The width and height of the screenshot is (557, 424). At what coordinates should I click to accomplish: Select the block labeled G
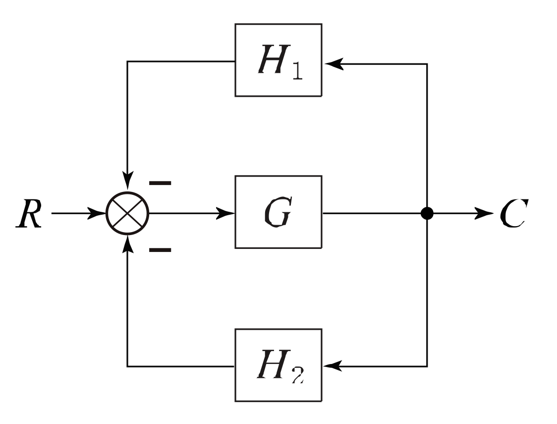coord(278,212)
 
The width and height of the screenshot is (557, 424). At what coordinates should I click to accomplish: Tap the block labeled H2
coord(278,365)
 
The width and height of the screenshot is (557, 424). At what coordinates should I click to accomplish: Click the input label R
coord(28,214)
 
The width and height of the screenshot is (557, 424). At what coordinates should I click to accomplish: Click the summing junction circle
coord(128,214)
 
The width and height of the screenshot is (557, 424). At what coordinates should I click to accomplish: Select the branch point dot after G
coord(427,214)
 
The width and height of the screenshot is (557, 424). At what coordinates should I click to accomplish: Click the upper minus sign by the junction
coord(160,183)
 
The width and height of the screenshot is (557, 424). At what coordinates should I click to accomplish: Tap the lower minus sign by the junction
coord(160,250)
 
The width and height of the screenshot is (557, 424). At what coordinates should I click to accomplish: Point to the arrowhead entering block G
coord(227,214)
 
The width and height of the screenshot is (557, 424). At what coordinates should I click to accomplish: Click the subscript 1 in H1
coord(296,72)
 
